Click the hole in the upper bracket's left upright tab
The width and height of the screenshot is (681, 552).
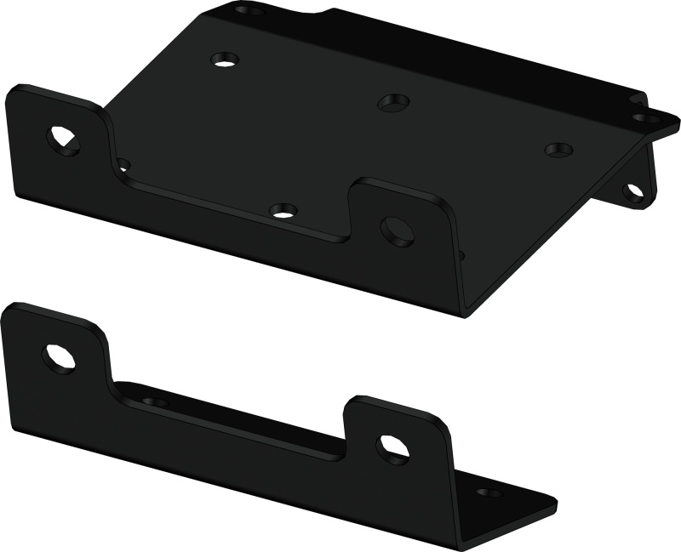[63, 139]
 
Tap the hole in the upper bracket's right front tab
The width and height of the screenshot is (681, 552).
[397, 230]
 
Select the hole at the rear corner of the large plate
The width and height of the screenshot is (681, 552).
[248, 11]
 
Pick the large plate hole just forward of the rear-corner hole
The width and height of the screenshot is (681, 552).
[226, 60]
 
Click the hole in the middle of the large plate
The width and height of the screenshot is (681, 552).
[393, 102]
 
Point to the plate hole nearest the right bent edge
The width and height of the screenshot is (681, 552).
[558, 150]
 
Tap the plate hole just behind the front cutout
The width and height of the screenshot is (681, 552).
[283, 209]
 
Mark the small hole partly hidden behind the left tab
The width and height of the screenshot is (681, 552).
[123, 163]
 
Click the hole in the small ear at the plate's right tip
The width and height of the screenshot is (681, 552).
[647, 118]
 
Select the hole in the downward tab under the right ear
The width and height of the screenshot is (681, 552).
[633, 191]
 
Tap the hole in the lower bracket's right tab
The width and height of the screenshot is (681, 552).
[392, 447]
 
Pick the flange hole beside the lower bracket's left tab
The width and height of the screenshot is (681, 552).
[154, 401]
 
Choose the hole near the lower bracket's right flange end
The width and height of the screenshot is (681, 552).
[489, 492]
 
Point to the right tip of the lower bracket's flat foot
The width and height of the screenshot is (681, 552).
[555, 508]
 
